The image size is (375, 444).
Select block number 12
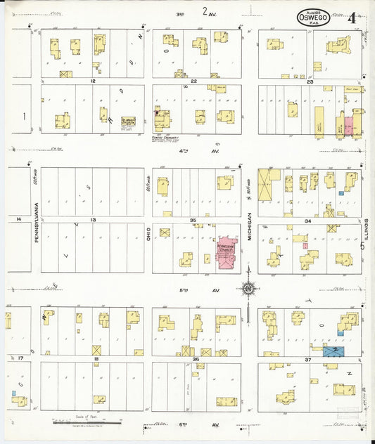92,81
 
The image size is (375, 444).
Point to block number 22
193,81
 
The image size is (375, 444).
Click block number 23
310,81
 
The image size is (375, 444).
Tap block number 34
307,220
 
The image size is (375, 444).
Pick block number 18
96,359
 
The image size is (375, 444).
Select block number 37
307,359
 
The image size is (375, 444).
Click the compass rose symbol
248,288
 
